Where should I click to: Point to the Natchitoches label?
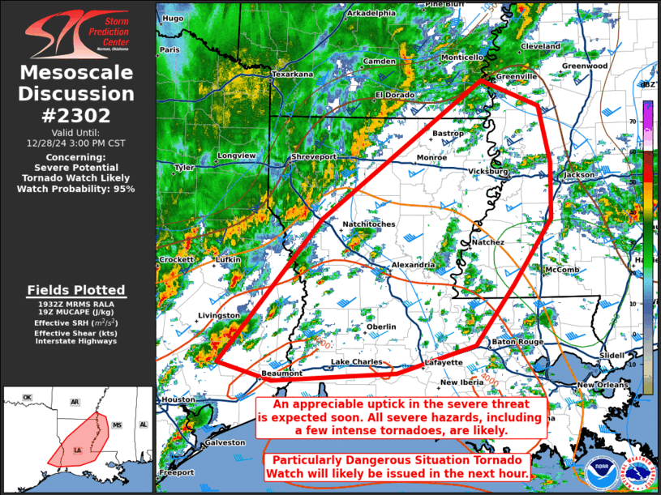pos(369,224)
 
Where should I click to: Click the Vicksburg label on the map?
pos(489,172)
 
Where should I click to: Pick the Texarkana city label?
pos(292,75)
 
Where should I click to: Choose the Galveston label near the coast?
pos(224,442)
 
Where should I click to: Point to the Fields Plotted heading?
pos(75,290)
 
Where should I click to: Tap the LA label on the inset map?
pos(78,450)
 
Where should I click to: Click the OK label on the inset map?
pos(27,398)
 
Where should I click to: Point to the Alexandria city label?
pos(413,265)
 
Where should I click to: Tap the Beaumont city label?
pos(282,373)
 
